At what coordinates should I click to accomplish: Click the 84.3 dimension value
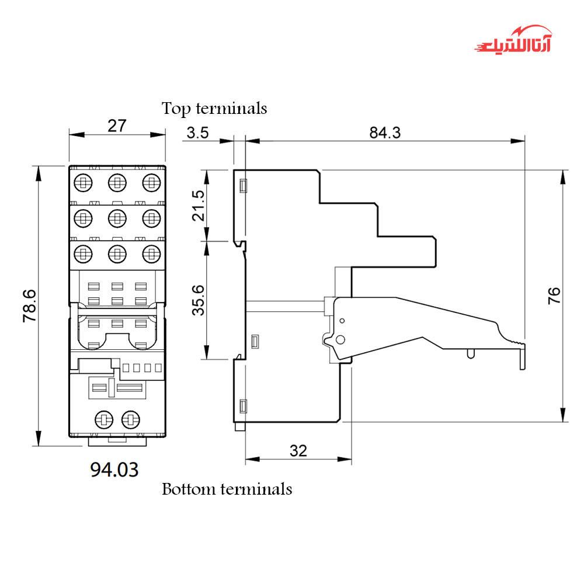point(385,133)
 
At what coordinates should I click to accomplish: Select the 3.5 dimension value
point(197,133)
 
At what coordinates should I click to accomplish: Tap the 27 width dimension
point(117,126)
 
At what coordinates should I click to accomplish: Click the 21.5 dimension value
point(199,206)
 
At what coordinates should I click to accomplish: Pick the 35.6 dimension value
point(199,300)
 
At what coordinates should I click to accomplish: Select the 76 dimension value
point(554,295)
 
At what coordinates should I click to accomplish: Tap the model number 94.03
point(114,469)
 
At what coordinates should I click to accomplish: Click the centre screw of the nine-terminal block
point(117,218)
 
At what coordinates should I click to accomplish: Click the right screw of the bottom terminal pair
point(130,419)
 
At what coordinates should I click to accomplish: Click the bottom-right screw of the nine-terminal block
point(151,253)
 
